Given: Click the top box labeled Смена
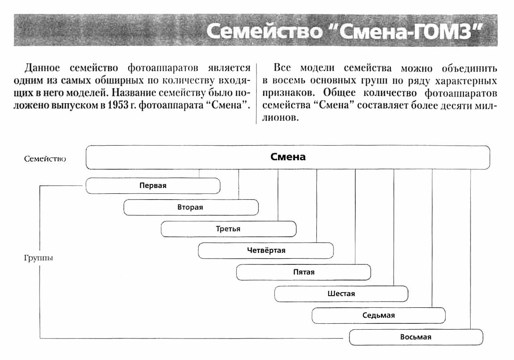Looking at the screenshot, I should [287, 157].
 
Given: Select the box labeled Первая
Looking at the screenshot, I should [152, 186].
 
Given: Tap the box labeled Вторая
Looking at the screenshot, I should [190, 208].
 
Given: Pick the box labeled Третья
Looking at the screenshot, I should [228, 229].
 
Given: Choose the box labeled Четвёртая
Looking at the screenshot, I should [266, 251].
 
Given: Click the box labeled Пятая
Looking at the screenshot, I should [303, 272].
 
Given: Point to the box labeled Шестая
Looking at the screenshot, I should [341, 294].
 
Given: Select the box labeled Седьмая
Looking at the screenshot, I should [379, 315].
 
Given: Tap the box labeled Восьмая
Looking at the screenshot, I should [416, 337].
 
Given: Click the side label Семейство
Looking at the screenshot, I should [45, 159].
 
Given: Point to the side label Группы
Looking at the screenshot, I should [38, 258].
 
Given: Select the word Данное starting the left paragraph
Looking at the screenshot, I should [42, 68].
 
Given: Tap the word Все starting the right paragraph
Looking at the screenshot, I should [282, 68].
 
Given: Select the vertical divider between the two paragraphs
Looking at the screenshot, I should [256, 94].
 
